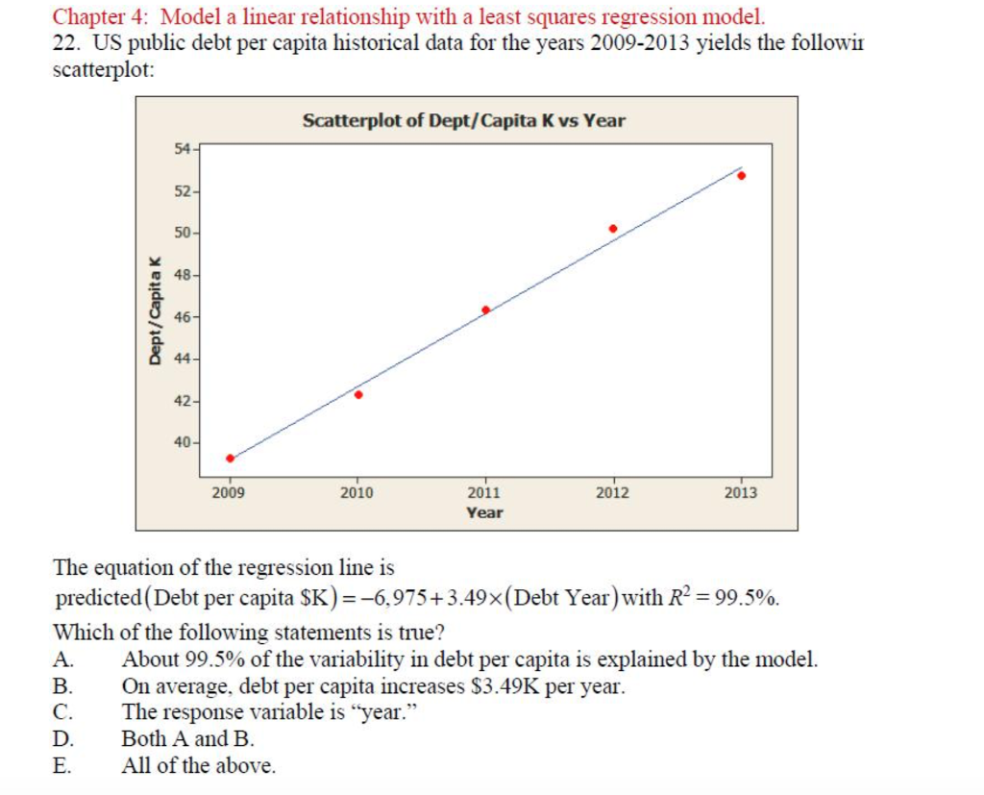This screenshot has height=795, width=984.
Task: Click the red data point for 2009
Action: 230,458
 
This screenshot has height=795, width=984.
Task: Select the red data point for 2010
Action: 358,394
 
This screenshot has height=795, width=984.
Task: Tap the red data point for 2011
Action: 485,310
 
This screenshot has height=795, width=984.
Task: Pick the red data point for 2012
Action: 613,229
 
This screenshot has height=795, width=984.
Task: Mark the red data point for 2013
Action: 741,175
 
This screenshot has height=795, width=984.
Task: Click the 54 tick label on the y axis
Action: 183,148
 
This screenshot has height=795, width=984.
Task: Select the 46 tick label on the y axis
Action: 183,316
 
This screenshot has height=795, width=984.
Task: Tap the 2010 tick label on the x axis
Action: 357,493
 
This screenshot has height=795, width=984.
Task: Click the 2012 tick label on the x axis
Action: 613,493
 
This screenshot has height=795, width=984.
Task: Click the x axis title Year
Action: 484,513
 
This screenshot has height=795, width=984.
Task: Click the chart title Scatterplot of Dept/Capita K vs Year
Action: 464,121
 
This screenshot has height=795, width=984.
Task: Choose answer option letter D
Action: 62,739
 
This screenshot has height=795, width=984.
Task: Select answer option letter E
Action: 61,766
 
